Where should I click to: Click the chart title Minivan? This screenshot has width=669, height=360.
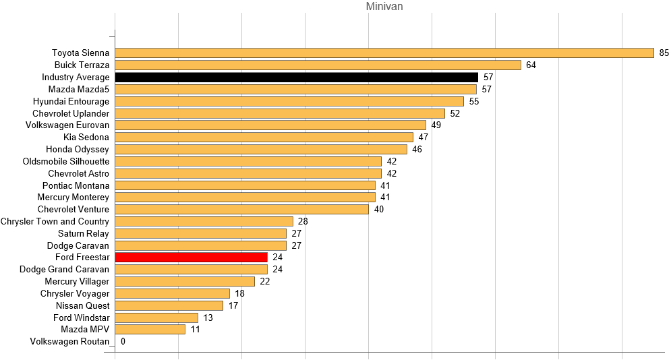click(x=384, y=7)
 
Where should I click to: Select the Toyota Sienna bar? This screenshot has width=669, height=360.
click(x=384, y=53)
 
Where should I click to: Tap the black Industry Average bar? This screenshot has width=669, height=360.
click(x=296, y=78)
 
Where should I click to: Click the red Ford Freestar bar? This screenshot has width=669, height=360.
click(x=191, y=258)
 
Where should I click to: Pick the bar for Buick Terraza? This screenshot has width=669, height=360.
click(x=318, y=65)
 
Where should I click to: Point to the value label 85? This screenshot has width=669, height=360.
click(x=664, y=53)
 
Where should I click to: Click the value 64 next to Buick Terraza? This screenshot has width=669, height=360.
click(x=531, y=65)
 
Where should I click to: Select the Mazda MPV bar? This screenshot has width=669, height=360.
click(x=150, y=330)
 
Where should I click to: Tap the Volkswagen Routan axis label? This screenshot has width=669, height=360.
click(x=69, y=342)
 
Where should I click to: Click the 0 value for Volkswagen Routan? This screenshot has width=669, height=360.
click(x=123, y=342)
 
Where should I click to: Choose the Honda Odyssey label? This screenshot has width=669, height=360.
click(x=78, y=150)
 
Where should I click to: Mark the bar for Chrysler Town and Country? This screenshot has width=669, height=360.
click(x=204, y=222)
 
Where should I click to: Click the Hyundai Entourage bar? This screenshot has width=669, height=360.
click(x=289, y=102)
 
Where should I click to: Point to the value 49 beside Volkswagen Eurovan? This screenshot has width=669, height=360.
click(x=436, y=125)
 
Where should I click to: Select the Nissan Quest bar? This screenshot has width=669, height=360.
click(x=169, y=306)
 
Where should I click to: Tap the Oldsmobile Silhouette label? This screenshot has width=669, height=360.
click(x=66, y=162)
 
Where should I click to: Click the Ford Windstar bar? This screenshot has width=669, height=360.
click(x=156, y=318)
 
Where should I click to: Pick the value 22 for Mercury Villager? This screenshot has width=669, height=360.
click(x=264, y=282)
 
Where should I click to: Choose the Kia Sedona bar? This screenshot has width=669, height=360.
click(x=264, y=138)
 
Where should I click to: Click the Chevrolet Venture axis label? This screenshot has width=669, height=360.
click(x=74, y=210)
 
